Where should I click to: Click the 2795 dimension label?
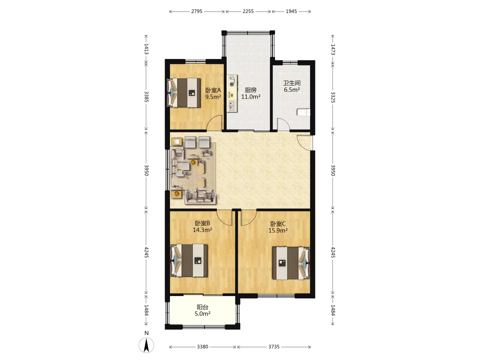(197, 11)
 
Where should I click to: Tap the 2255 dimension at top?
(248, 11)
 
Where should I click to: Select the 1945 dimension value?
(291, 11)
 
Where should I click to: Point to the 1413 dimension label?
(146, 49)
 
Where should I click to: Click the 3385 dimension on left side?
(146, 97)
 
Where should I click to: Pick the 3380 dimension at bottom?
(202, 347)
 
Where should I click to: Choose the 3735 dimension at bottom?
(274, 347)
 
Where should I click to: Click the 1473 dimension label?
(333, 49)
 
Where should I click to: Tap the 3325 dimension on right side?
(333, 97)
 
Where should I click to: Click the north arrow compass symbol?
(146, 345)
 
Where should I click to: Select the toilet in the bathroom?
(304, 112)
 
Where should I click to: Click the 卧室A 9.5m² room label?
(213, 94)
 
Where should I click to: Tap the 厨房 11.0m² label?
(251, 93)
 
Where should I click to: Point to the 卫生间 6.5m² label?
(292, 86)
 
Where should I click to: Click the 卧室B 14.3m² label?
(202, 226)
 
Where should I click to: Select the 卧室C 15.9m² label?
(278, 227)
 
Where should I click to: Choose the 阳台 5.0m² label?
(202, 310)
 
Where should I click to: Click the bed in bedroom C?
(291, 263)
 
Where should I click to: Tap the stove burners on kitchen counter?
(232, 81)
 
